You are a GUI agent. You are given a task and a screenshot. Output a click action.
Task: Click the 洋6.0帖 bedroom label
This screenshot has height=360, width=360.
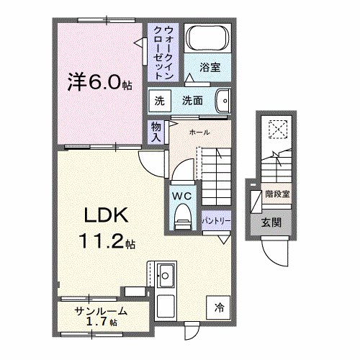tap(99, 81)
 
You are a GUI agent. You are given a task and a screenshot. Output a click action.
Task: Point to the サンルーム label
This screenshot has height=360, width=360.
tap(101, 311)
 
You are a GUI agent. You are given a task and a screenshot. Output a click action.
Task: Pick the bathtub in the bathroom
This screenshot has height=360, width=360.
tap(207, 40)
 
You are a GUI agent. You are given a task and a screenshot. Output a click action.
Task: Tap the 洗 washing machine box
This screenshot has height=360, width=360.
tap(160, 101)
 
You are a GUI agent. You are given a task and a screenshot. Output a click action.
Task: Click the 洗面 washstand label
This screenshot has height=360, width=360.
tap(192, 101)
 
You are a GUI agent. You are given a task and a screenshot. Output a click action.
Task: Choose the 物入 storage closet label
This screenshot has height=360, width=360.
tap(156, 132)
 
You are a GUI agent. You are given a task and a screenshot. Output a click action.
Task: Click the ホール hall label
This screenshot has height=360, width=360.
tap(199, 133)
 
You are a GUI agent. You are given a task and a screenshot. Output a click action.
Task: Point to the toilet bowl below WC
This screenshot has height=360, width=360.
tap(181, 212)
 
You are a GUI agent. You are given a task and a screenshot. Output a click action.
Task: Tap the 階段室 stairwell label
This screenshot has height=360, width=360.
tap(277, 194)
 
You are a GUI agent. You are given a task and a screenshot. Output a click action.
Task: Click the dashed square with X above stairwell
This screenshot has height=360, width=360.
tap(277, 130)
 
